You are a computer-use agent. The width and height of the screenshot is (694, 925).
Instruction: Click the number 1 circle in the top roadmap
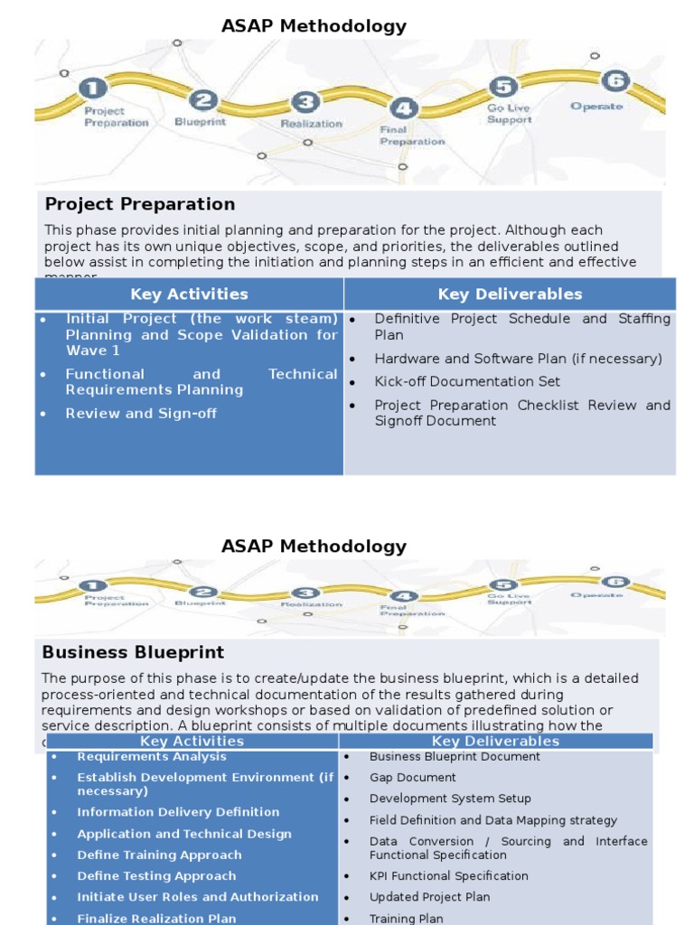tap(93, 88)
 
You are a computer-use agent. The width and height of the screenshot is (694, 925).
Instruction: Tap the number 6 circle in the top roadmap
tap(614, 80)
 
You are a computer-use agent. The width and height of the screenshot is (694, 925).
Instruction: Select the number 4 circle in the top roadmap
tap(403, 109)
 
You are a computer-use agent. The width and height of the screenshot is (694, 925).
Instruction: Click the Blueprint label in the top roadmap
tap(200, 122)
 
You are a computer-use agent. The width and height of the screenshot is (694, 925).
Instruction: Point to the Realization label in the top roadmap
tap(311, 124)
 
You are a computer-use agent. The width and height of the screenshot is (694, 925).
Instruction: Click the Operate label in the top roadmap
tap(596, 107)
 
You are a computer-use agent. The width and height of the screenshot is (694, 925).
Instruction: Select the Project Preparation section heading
tap(140, 204)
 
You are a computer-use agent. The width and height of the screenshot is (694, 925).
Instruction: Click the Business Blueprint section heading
tap(133, 652)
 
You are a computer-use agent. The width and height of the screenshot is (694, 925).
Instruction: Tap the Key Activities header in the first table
tap(189, 294)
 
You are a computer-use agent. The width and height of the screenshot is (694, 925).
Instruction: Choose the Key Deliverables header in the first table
tap(510, 294)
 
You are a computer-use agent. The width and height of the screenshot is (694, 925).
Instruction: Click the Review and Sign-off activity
tap(141, 414)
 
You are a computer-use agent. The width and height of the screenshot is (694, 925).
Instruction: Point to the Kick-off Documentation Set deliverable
tap(467, 382)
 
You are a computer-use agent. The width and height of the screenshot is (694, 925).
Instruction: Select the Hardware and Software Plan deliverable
tap(518, 359)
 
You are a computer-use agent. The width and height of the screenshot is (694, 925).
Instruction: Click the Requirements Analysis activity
tap(152, 757)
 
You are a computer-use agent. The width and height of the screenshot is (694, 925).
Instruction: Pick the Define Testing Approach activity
tap(156, 876)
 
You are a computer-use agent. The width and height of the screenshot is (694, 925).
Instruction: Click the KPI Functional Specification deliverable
tap(448, 876)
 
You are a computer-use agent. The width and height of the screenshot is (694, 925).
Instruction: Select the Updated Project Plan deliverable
tap(429, 897)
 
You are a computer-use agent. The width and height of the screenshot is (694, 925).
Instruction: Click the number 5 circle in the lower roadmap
tap(502, 585)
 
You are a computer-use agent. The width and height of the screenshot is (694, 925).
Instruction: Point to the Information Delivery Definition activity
tap(178, 812)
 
